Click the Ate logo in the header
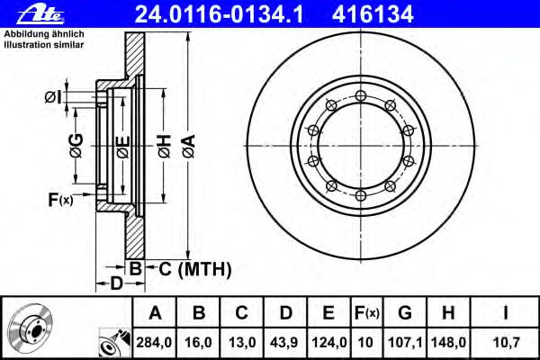40,14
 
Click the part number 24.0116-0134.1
219,14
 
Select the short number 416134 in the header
373,14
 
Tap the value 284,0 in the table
154,342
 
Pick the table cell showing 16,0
198,342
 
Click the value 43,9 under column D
284,342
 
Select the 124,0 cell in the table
329,342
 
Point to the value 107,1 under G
405,342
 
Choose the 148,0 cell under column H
449,342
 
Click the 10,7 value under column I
506,342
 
